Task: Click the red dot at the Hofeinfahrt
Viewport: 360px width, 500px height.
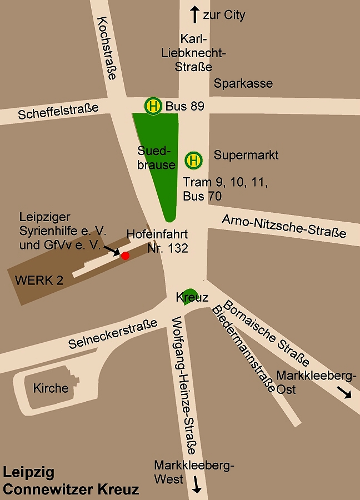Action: [x=125, y=256]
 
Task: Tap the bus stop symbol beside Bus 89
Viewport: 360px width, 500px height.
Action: [x=153, y=106]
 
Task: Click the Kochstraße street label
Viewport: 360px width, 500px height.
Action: [x=106, y=48]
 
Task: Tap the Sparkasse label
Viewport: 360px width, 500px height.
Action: [x=243, y=84]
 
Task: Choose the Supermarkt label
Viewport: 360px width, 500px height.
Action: [x=246, y=155]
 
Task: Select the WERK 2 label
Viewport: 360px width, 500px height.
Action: [x=39, y=280]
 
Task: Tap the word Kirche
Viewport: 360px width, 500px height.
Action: [x=51, y=388]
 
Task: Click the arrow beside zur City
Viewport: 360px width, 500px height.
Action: [x=195, y=14]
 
